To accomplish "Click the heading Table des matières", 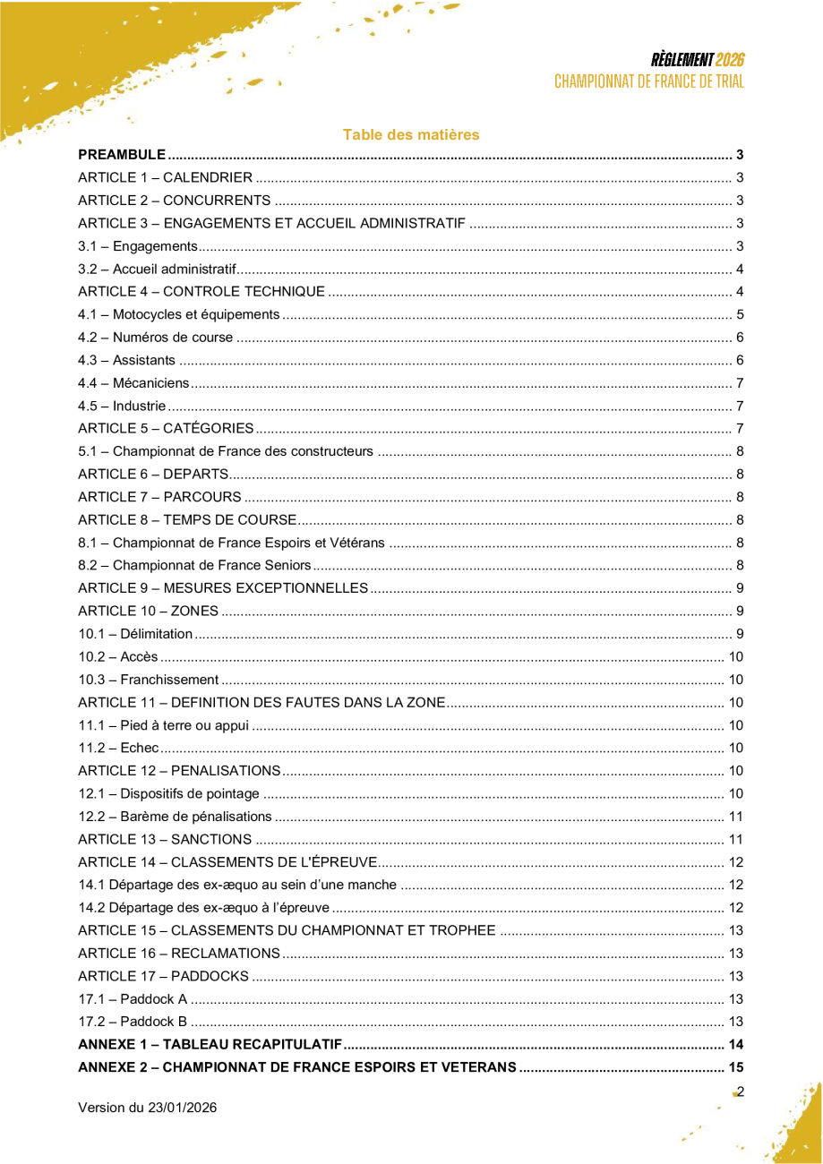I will tap(411, 135).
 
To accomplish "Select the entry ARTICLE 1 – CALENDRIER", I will tap(165, 177).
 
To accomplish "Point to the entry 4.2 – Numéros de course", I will tap(155, 338).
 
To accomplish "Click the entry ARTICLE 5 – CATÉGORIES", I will tap(166, 429).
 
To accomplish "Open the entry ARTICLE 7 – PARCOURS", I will tap(159, 497).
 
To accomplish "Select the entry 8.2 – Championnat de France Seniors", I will tap(194, 565).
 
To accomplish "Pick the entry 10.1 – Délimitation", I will tap(135, 634).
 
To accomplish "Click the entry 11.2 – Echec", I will tap(118, 748).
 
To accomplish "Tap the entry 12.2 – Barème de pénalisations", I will tap(175, 817).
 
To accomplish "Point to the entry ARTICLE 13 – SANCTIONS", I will tap(165, 839).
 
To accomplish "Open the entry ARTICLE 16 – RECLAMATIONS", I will tap(179, 953).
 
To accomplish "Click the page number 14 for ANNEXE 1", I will tap(736, 1044).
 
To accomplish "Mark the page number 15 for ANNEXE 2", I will tap(736, 1067).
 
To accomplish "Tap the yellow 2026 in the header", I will tap(731, 61).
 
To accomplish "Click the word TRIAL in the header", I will tap(726, 81).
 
